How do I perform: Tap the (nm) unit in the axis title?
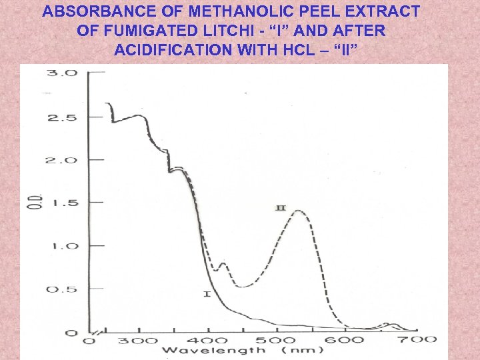tap(301, 351)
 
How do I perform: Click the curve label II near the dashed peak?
tap(281, 208)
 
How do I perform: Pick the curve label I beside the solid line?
tap(207, 294)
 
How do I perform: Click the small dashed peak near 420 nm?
tap(223, 263)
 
